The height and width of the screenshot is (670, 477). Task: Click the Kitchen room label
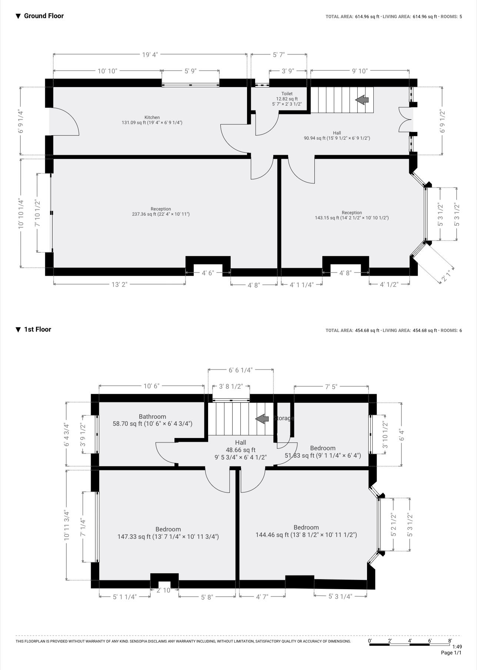[x=152, y=117]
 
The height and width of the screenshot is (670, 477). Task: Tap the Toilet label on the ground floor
[x=287, y=94]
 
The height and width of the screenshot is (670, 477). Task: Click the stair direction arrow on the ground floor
[x=362, y=100]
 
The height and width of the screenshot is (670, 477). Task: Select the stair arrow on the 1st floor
[x=262, y=419]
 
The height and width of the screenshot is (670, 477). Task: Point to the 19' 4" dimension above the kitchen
[x=150, y=55]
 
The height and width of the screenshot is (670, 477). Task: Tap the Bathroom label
[x=152, y=417]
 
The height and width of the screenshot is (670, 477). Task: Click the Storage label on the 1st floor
[x=284, y=418]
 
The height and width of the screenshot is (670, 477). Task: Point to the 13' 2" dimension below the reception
[x=119, y=285]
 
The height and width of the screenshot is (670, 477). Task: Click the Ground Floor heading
[x=44, y=16]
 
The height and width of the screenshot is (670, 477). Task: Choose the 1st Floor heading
[x=37, y=329]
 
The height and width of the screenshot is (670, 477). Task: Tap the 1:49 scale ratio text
[x=457, y=647]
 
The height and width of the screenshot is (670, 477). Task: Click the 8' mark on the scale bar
[x=450, y=640]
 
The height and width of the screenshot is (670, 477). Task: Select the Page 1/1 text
[x=451, y=653]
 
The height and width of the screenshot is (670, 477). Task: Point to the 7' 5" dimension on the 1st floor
[x=331, y=387]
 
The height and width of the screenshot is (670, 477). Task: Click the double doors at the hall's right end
[x=405, y=119]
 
